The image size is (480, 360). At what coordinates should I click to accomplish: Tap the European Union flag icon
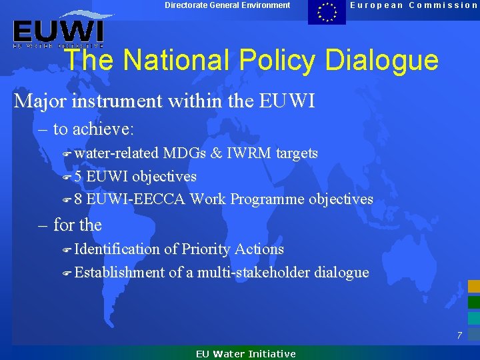[x=327, y=12]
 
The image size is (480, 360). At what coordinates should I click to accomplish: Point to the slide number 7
[x=459, y=335]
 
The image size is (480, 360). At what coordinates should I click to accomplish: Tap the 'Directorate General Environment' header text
[x=227, y=5]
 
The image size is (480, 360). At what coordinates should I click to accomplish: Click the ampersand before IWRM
[x=216, y=153]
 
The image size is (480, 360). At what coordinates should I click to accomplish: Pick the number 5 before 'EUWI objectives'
[x=78, y=177]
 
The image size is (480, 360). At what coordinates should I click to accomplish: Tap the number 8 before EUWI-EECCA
[x=78, y=199]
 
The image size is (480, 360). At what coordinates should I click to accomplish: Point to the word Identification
[x=117, y=249]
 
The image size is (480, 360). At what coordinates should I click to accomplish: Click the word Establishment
[x=119, y=272]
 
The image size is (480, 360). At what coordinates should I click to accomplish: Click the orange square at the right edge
[x=473, y=287]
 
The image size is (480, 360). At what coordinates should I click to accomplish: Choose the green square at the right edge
[x=473, y=302]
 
